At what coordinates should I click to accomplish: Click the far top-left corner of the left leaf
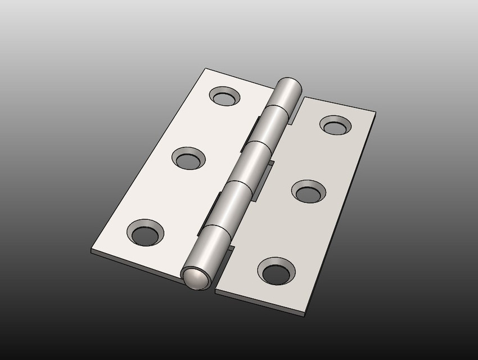[x=206, y=69]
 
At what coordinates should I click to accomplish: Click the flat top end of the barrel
[x=290, y=83]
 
